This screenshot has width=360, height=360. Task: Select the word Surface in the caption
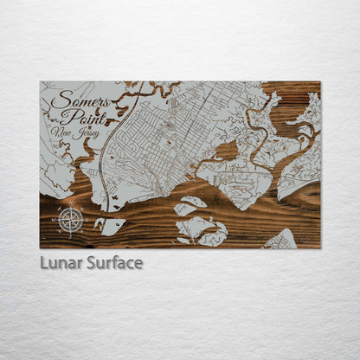pos(114,262)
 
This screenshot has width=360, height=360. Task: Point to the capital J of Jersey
pos(78,135)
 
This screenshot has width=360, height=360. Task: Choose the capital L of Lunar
pos(44,262)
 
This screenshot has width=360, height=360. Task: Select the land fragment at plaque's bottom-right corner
pos(281,239)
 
